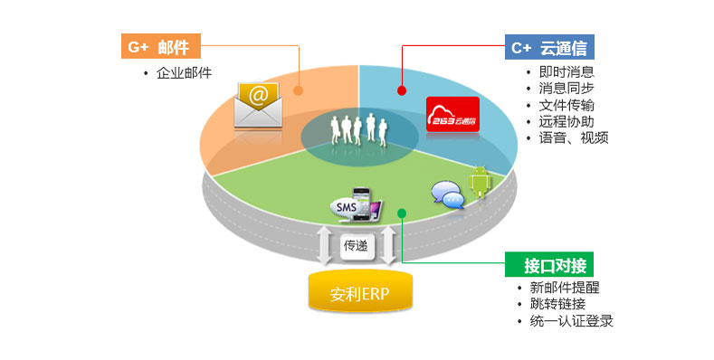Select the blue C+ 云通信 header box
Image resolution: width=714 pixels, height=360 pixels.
(x=548, y=47)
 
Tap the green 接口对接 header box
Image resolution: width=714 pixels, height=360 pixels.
(x=547, y=265)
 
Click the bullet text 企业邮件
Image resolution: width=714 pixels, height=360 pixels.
(x=184, y=72)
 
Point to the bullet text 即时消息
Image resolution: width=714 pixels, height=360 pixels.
(x=566, y=72)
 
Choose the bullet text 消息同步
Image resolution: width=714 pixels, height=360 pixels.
(x=566, y=89)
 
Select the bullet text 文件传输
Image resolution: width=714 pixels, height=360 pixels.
(x=566, y=105)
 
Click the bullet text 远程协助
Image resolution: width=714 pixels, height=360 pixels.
(x=566, y=121)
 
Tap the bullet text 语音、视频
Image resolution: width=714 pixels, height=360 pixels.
(x=574, y=137)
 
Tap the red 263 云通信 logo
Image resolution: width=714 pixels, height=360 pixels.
(x=453, y=116)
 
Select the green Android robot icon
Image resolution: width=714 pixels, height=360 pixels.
(x=479, y=182)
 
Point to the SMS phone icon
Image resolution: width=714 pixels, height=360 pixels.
(x=357, y=204)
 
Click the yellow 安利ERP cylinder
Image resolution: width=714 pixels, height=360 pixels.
(x=358, y=294)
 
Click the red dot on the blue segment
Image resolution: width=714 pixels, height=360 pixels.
(x=402, y=90)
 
